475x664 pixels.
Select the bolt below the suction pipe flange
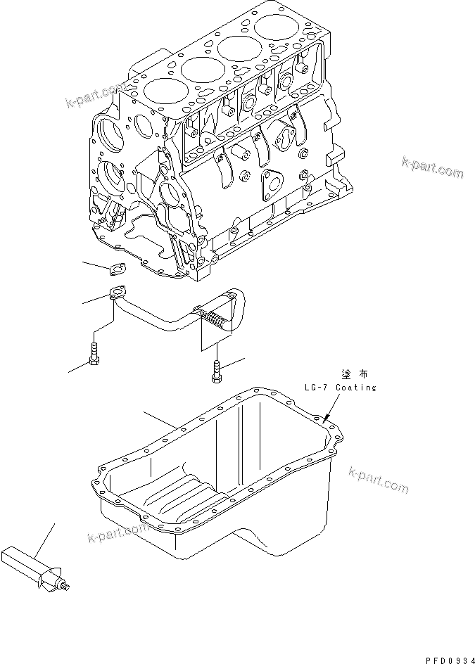tap(94, 354)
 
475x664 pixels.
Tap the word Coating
tap(355, 388)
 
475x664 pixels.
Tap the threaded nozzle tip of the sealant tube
tap(68, 585)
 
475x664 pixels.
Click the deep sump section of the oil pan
tap(281, 521)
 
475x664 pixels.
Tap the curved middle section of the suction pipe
tap(169, 322)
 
